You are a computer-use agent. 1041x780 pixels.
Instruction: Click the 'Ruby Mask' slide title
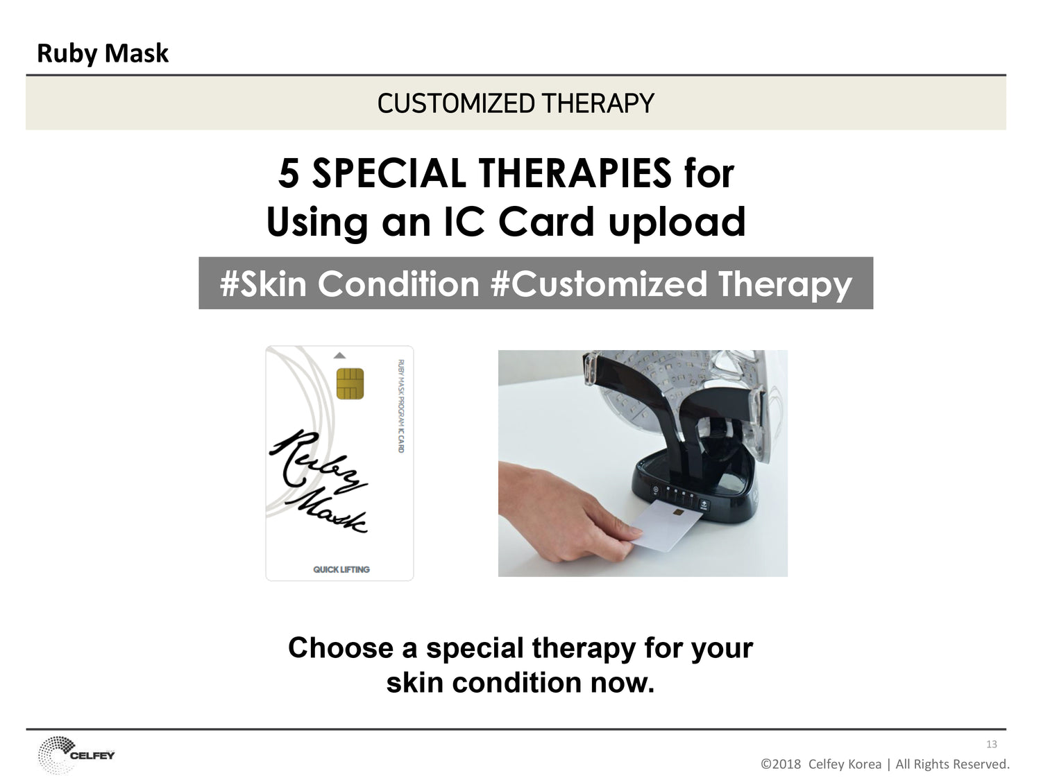[x=103, y=53]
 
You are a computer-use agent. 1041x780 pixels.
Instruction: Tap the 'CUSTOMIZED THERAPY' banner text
[x=516, y=103]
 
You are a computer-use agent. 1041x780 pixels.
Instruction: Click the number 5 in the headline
[x=289, y=173]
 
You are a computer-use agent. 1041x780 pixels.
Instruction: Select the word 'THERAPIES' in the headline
[x=575, y=173]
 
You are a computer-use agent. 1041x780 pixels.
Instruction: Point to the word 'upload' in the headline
[x=677, y=223]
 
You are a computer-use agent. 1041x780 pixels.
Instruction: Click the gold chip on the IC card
[x=350, y=383]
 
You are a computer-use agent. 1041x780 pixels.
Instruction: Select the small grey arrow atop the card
[x=339, y=355]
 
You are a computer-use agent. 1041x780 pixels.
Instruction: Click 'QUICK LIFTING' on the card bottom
[x=341, y=569]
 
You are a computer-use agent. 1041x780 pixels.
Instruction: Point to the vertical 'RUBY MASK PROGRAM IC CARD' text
[x=401, y=406]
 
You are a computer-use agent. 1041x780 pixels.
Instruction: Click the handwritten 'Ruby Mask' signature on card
[x=319, y=480]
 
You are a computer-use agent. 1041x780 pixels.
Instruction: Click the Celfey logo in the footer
[x=76, y=754]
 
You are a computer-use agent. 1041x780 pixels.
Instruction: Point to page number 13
[x=991, y=744]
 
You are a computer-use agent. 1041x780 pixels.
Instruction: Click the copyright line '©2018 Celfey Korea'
[x=821, y=764]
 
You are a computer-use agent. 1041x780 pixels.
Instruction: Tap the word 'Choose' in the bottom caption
[x=341, y=648]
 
